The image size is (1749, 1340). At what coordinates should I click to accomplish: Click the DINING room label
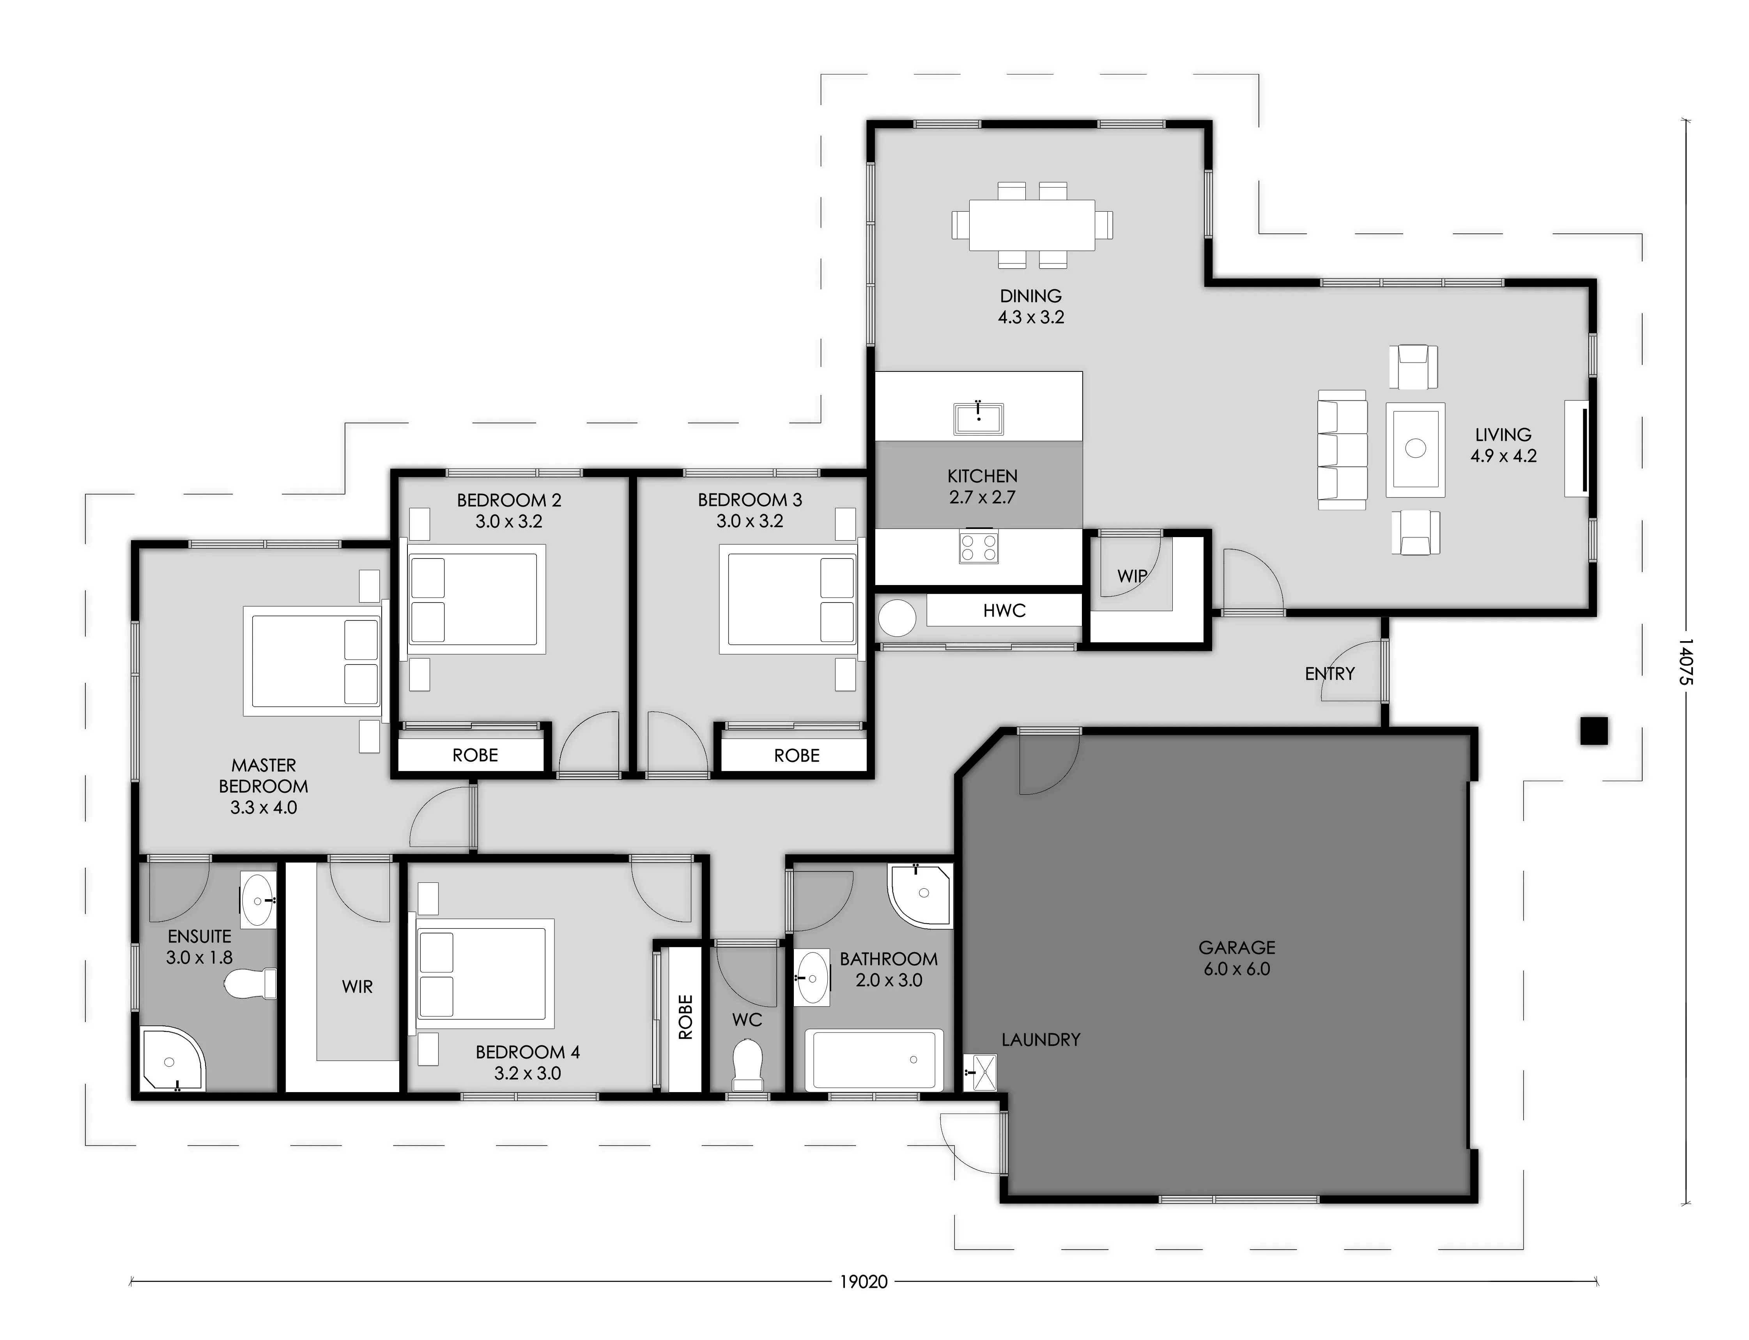coord(1031,296)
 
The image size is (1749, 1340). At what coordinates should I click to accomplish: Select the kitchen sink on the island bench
coord(978,418)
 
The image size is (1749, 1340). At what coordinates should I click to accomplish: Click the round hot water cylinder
coord(897,618)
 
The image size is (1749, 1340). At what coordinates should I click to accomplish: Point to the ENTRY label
coord(1329,674)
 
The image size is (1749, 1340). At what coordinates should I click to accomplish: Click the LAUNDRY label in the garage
coord(1041,1040)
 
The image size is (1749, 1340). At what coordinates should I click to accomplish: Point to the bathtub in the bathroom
coord(874,1060)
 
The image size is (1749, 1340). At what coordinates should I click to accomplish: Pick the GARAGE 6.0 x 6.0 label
coord(1237,958)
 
